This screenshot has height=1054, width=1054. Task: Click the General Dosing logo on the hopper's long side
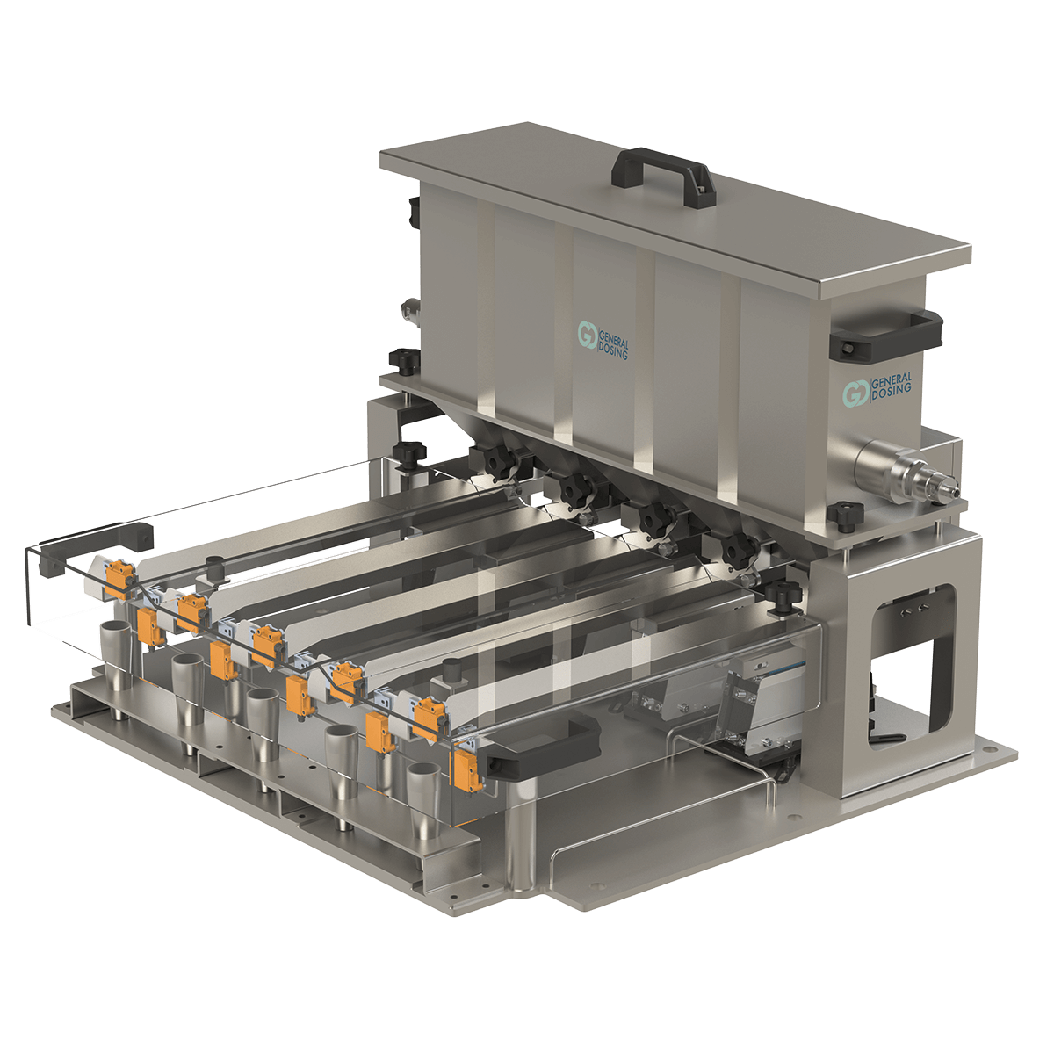tap(603, 340)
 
